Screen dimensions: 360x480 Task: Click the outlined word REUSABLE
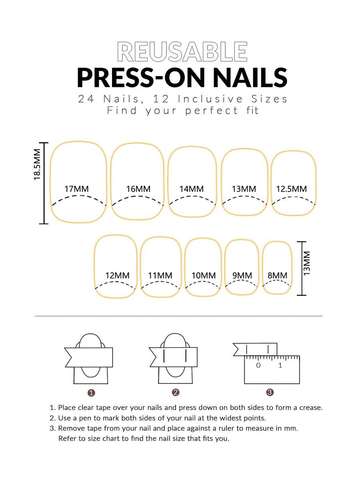tap(182, 51)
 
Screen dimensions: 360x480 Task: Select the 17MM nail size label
tap(76, 189)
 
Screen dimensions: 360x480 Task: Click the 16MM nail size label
tap(138, 189)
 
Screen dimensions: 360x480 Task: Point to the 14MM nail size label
tap(192, 189)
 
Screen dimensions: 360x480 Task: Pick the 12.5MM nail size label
tap(292, 189)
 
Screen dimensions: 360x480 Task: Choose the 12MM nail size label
tap(118, 275)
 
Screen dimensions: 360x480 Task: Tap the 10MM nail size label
tap(204, 275)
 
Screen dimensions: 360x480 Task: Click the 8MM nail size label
tap(278, 275)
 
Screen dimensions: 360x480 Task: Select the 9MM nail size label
tap(242, 275)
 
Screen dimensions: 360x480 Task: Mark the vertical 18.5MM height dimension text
tap(37, 165)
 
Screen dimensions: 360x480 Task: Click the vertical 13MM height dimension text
tap(307, 263)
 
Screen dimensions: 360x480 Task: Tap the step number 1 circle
tap(91, 393)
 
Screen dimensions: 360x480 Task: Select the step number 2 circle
tap(176, 392)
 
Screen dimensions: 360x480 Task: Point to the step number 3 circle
tap(270, 392)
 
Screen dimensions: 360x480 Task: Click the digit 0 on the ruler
tap(258, 365)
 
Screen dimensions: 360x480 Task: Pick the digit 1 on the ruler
tap(280, 365)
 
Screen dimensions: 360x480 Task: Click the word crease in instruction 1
tap(311, 408)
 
